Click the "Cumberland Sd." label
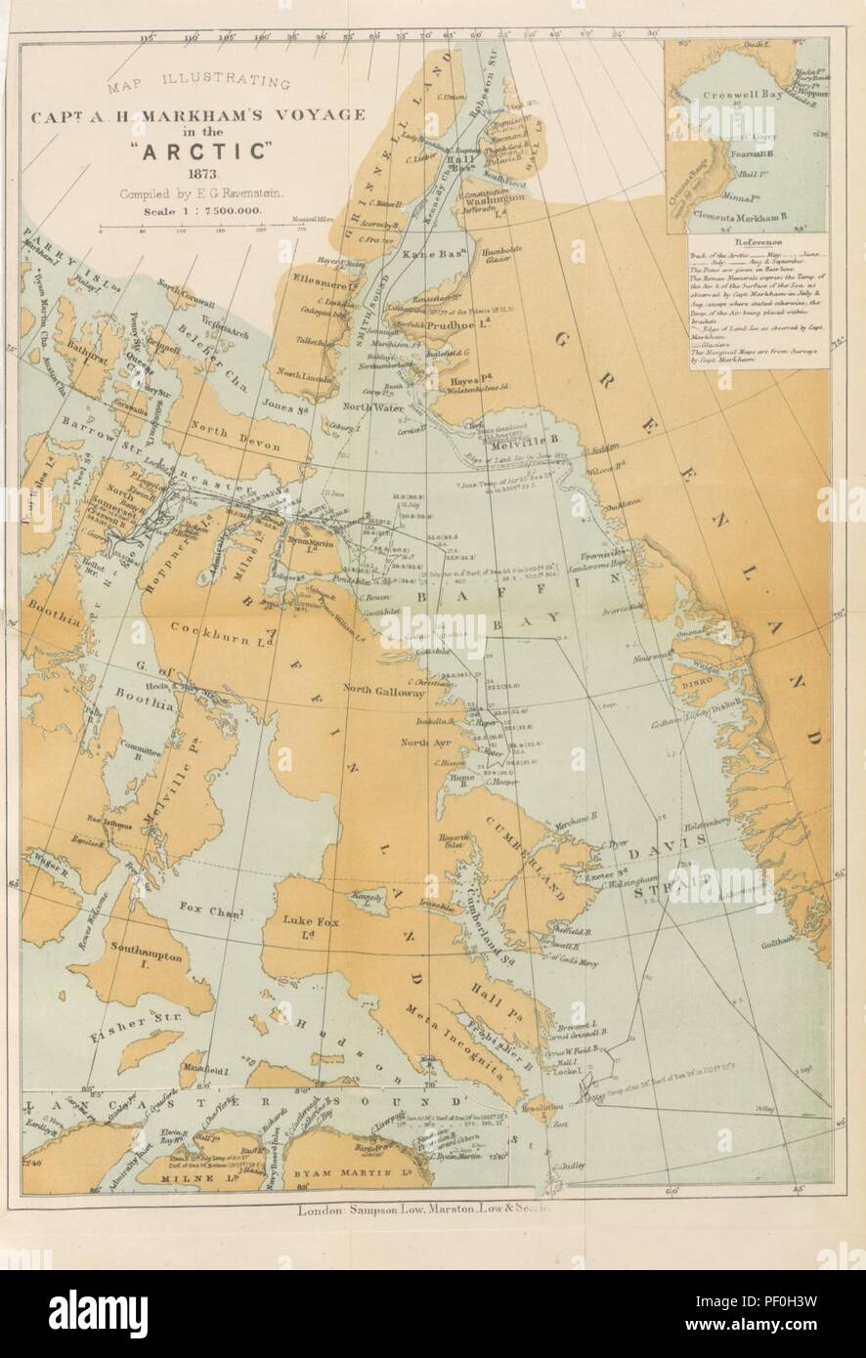[486, 913]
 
